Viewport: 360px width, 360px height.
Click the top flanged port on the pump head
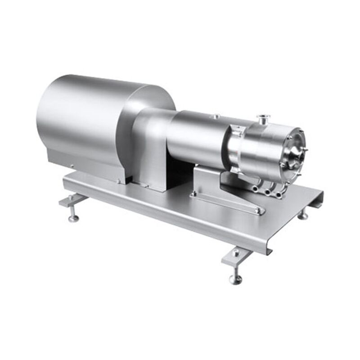point(260,119)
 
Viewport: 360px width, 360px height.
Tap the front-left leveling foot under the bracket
point(73,218)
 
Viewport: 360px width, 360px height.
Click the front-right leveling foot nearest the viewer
point(235,279)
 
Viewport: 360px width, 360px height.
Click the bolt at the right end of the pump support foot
point(258,210)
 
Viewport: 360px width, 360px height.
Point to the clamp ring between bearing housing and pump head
point(236,144)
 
